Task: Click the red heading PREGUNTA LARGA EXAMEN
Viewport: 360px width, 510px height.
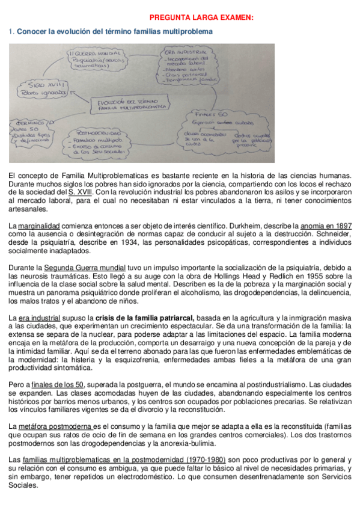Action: (x=201, y=18)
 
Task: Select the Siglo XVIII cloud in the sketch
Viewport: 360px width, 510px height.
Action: (x=43, y=89)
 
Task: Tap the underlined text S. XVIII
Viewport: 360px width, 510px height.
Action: (x=81, y=192)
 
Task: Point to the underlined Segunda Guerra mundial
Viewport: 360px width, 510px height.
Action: (x=85, y=268)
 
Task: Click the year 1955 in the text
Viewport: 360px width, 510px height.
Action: (x=279, y=276)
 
